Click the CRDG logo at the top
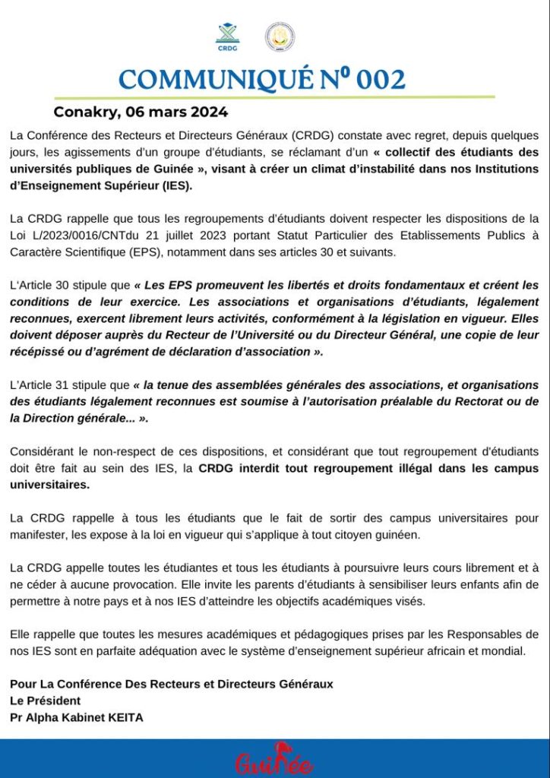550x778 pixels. click(228, 35)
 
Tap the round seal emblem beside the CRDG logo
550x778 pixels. click(280, 36)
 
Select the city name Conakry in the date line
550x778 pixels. click(84, 112)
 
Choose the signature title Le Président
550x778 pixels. click(46, 701)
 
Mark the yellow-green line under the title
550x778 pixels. click(274, 97)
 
